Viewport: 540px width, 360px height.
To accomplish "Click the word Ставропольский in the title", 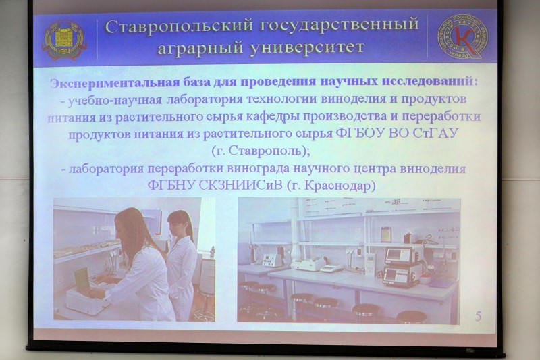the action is [179, 26].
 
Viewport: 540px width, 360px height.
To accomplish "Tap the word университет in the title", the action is [307, 47].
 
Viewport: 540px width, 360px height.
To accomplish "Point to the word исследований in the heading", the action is [430, 81].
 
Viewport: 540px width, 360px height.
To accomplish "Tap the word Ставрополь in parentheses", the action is [265, 151].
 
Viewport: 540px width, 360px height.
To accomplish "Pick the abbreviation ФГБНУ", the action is [171, 185].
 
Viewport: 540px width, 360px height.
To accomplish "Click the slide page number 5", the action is [479, 316].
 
